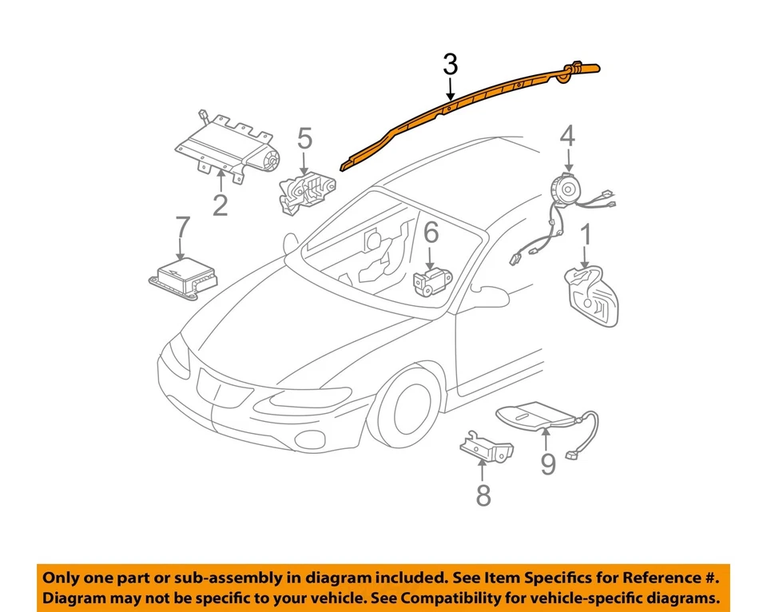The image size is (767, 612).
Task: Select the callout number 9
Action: tap(547, 463)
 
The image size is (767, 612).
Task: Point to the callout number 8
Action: tap(483, 495)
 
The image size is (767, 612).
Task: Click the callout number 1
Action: tap(586, 236)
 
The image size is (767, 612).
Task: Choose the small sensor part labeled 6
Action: tap(430, 280)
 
